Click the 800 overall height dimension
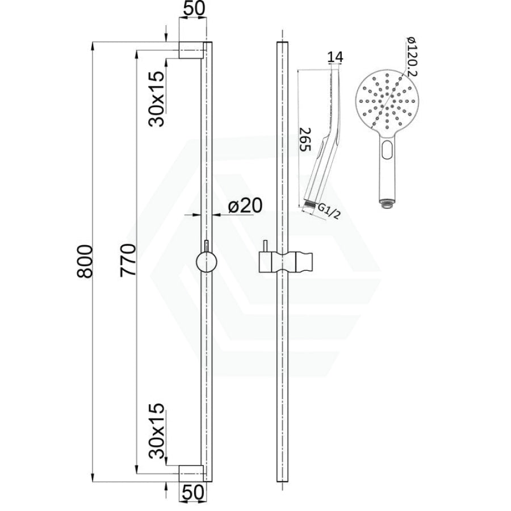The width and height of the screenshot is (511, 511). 85,261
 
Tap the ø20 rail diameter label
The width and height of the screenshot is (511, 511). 245,206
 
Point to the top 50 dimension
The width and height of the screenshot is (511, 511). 194,9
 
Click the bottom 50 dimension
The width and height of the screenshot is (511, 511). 194,492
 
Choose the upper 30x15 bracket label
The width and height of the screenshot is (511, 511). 156,99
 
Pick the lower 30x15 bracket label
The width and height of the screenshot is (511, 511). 157,431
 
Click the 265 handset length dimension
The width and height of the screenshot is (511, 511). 305,139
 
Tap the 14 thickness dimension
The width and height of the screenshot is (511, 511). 335,57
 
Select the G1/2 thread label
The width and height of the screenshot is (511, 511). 328,211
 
